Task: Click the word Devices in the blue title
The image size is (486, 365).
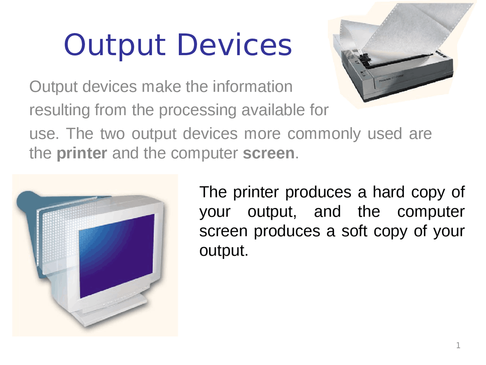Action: click(234, 45)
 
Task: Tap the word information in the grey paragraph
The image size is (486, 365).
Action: click(252, 86)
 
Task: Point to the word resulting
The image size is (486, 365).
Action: click(60, 110)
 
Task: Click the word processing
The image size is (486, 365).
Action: click(198, 110)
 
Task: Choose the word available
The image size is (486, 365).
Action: click(275, 109)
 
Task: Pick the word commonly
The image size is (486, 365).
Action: click(324, 134)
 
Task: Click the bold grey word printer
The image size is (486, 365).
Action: click(82, 153)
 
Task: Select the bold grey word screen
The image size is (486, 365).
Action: click(268, 153)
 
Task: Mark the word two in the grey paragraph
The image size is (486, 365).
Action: click(112, 133)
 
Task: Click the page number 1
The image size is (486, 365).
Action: click(458, 345)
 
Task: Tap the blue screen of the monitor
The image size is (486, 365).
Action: click(117, 256)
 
